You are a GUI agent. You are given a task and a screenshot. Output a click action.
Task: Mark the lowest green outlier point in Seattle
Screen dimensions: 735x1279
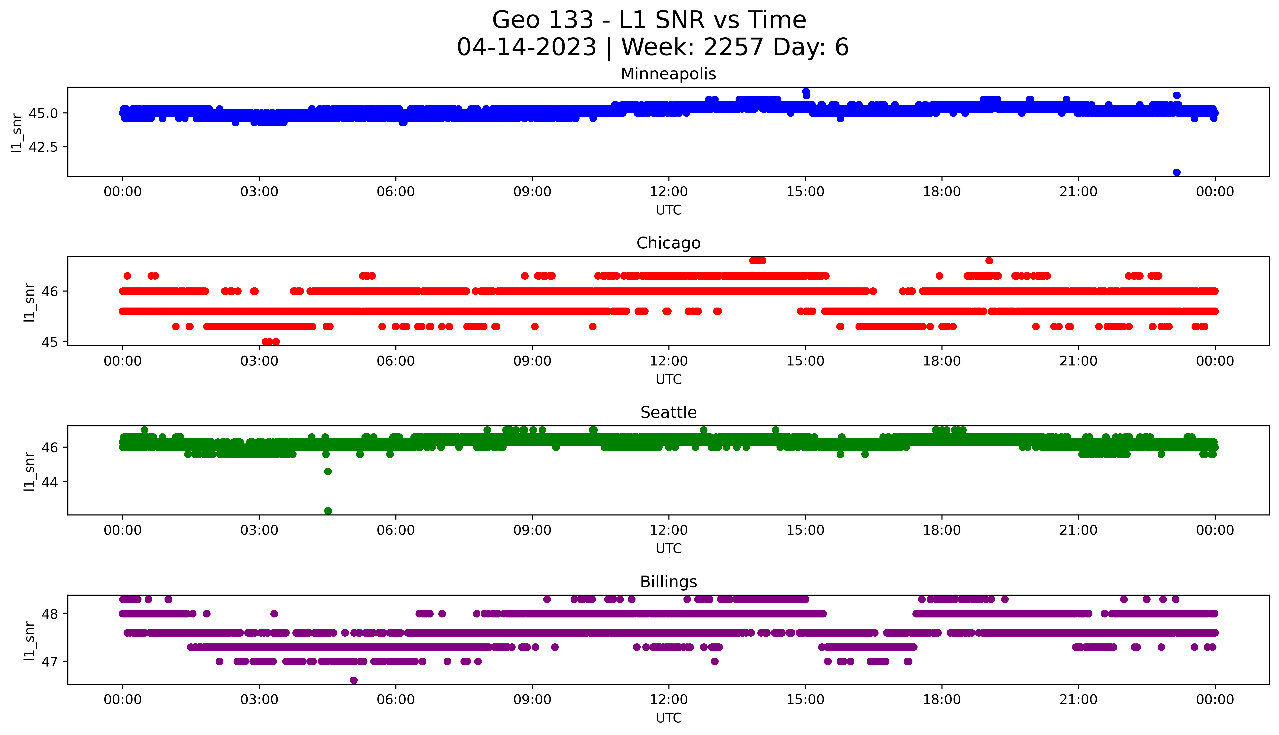[328, 511]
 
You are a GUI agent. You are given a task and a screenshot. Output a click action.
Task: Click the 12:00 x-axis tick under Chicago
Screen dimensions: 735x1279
[668, 361]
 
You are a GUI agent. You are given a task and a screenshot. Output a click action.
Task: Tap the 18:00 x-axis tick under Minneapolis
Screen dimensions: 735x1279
[942, 192]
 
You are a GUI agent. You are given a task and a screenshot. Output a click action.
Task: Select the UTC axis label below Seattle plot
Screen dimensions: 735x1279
[668, 548]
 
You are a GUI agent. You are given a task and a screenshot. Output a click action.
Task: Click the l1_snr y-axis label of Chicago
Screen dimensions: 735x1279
[29, 302]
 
